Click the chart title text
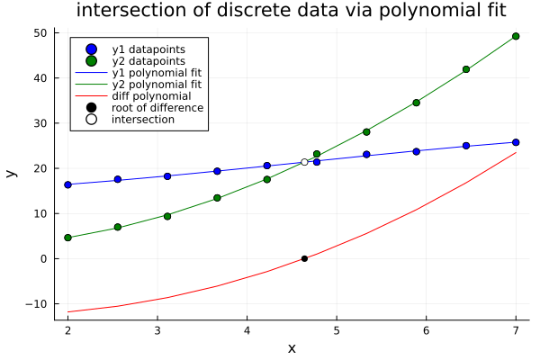[x=292, y=11]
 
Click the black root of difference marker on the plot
[x=304, y=258]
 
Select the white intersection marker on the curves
[x=304, y=162]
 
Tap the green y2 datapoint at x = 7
[x=516, y=36]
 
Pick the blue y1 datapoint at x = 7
[x=516, y=142]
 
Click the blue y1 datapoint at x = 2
[x=67, y=184]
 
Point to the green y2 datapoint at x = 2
[x=67, y=238]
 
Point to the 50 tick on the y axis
[x=40, y=32]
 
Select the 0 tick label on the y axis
[x=43, y=258]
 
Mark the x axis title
[x=292, y=348]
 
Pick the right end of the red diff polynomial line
[x=516, y=152]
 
